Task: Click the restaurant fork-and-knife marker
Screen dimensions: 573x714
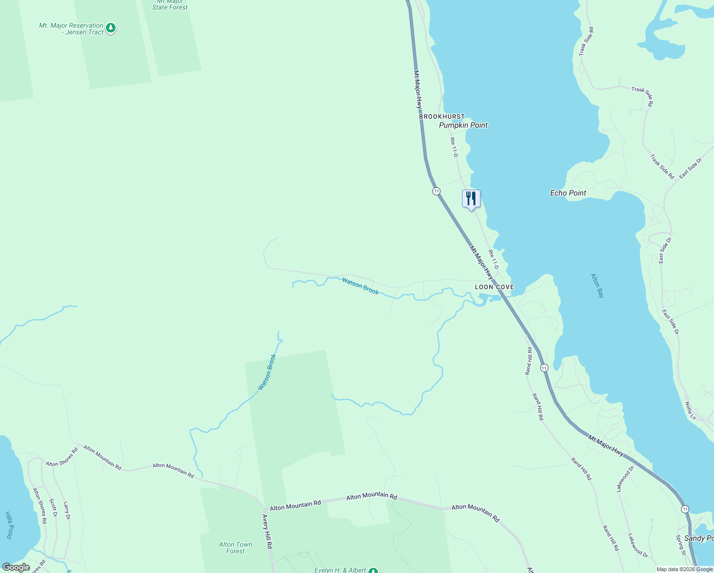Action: tap(471, 198)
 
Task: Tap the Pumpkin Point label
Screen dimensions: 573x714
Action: tap(463, 125)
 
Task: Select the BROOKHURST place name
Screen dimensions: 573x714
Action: tap(441, 117)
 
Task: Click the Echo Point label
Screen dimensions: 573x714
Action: tap(568, 193)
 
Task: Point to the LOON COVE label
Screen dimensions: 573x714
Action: tap(494, 287)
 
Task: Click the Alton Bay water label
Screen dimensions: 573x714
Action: tap(598, 286)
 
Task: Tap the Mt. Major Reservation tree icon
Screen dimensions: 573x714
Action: tap(111, 28)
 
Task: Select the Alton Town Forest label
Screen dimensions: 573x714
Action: tap(235, 548)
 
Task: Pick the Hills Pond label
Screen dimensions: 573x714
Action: tap(9, 525)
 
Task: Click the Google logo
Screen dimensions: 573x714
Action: tap(16, 567)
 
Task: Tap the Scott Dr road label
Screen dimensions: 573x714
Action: tap(53, 508)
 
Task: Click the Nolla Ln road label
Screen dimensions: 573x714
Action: tap(690, 411)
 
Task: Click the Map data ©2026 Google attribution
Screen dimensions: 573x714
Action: tap(684, 569)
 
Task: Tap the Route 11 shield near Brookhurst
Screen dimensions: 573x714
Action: tap(436, 191)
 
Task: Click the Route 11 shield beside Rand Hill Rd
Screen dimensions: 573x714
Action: tap(544, 368)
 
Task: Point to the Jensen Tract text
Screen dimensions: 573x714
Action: tap(85, 32)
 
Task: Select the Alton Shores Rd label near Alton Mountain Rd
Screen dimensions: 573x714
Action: tap(62, 457)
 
